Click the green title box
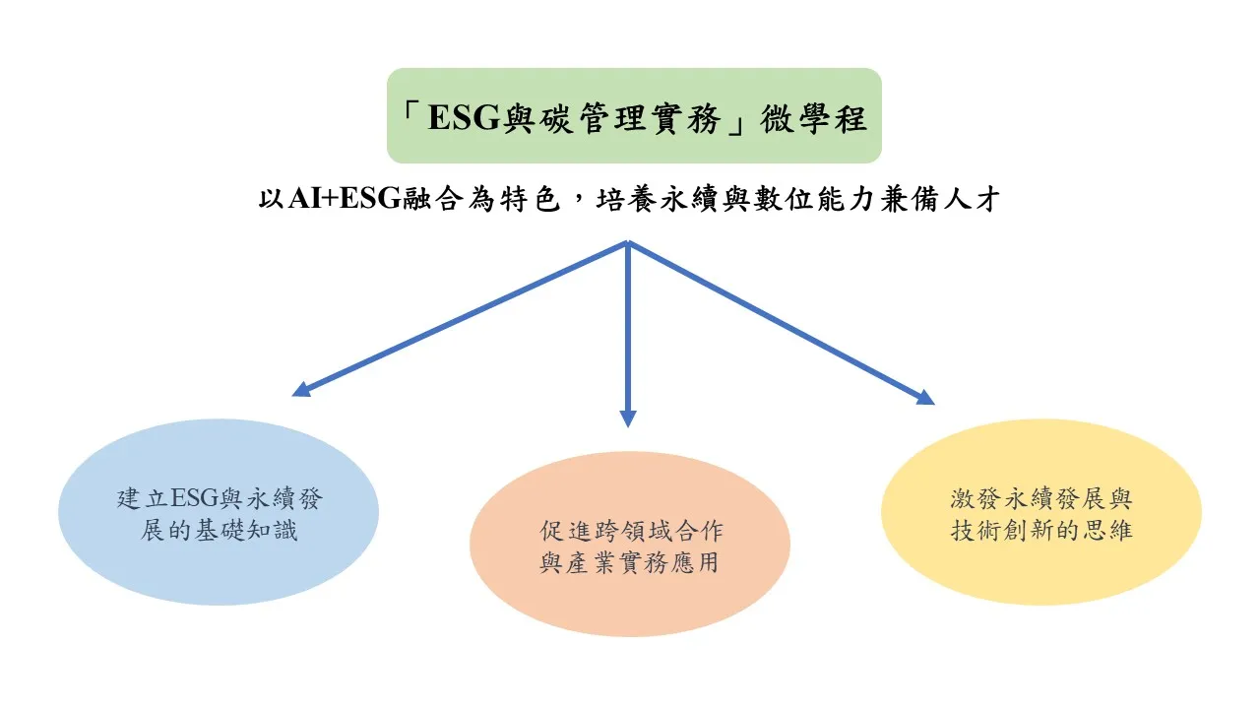point(634,115)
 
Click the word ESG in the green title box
point(464,118)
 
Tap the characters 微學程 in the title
point(813,118)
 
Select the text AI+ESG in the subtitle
point(345,199)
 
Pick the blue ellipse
point(219,511)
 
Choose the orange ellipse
point(630,544)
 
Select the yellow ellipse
point(1041,511)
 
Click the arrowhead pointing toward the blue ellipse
point(301,389)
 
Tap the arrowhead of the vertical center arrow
point(628,419)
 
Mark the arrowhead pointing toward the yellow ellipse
point(924,397)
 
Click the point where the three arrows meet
point(628,242)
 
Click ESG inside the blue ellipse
point(194,498)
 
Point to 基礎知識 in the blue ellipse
point(246,530)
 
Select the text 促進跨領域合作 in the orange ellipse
point(631,531)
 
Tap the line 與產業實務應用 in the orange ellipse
point(629,562)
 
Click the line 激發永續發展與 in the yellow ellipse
point(1041,498)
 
